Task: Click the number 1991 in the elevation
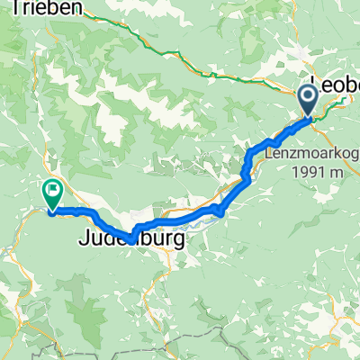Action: [309, 171]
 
